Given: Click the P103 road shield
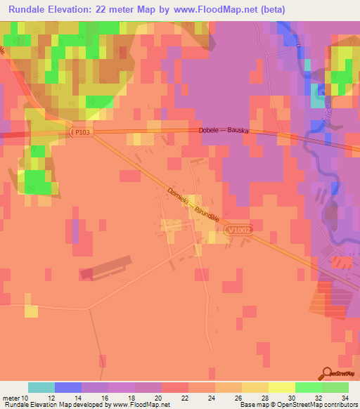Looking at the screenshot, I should (81, 131).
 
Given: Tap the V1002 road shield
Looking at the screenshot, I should (238, 230).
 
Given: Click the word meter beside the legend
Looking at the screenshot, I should (10, 397).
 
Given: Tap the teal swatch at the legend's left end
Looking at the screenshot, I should (41, 387).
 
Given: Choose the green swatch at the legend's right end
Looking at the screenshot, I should (335, 387).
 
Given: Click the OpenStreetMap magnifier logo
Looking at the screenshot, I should (328, 372).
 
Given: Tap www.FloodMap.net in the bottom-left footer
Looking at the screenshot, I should (140, 405).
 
